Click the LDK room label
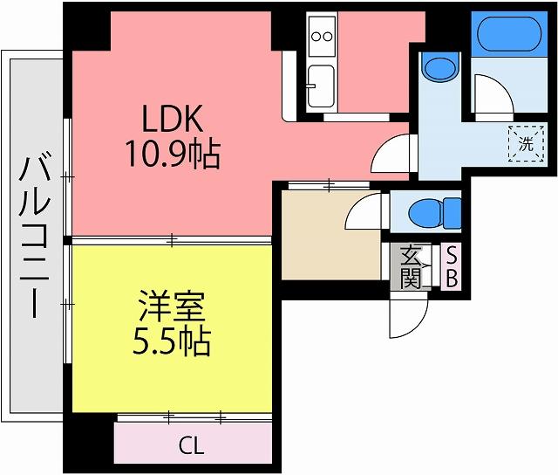[173, 118]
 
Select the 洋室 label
[172, 306]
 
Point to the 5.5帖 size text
[172, 341]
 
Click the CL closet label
[192, 445]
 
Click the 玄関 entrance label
[411, 266]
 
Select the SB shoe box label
[452, 266]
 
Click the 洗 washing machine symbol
[527, 143]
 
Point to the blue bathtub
[509, 33]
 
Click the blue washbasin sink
[440, 66]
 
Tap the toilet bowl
[435, 211]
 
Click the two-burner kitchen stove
[322, 36]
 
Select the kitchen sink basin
[322, 86]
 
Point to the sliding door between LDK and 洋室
[172, 240]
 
